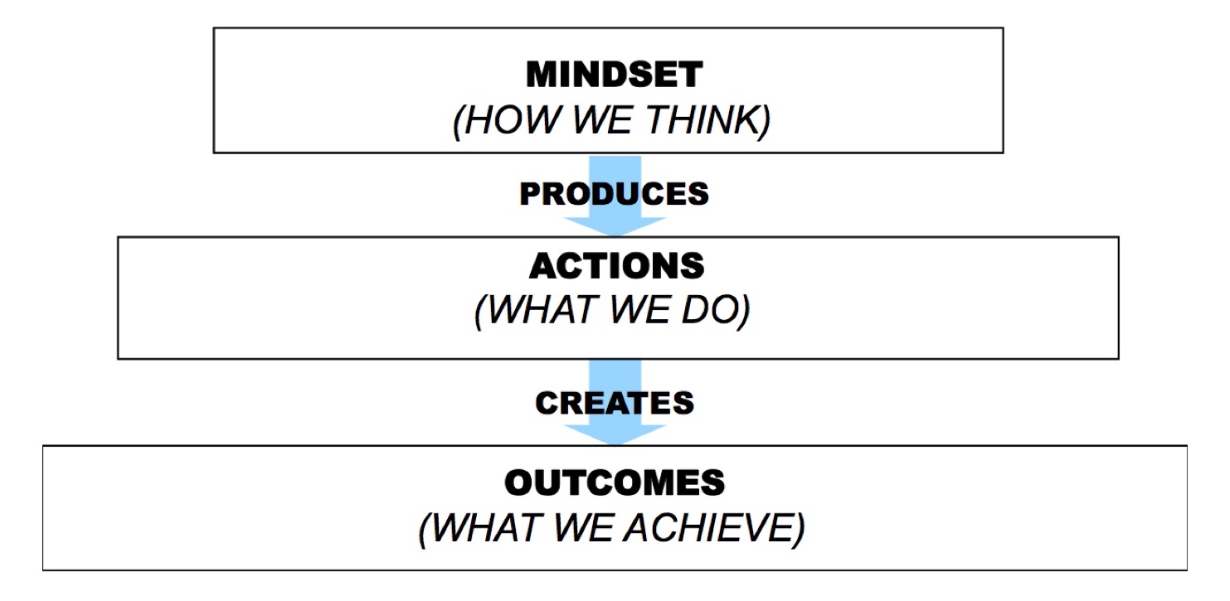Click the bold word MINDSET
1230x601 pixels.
[x=614, y=74]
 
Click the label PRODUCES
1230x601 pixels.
[x=614, y=194]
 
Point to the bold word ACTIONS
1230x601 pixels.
[x=616, y=266]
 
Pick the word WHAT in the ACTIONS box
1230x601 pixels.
[x=542, y=310]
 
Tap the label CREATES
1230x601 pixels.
[x=615, y=403]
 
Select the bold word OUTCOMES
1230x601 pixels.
[x=615, y=483]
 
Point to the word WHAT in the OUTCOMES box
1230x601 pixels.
[x=485, y=527]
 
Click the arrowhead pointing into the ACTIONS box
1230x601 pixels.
[x=615, y=226]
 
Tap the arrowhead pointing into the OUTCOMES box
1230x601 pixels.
[x=615, y=434]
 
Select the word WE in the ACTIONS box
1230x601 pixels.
[x=639, y=310]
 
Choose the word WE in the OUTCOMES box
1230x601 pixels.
[x=582, y=527]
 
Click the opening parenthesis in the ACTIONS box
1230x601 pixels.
[x=480, y=312]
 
